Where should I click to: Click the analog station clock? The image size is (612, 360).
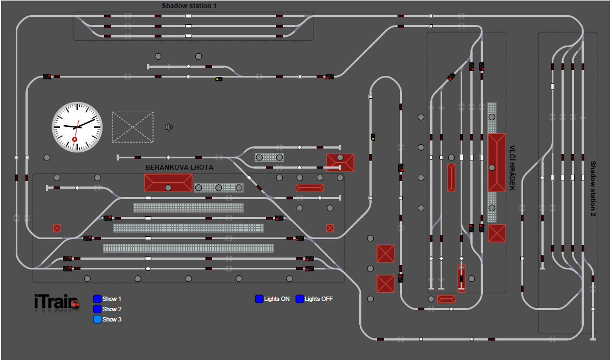point(77,127)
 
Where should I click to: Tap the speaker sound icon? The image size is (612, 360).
point(169,127)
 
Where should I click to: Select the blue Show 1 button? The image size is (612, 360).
point(98,299)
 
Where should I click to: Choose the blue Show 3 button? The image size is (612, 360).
point(98,319)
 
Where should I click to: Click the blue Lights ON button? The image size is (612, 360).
point(259,299)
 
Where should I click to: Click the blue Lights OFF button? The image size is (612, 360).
point(300,299)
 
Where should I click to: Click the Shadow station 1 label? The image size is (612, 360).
point(189,6)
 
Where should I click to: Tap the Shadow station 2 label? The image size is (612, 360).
point(593,188)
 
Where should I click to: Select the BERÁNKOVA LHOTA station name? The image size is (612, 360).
point(179,168)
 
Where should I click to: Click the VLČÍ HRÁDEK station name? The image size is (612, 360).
point(512,168)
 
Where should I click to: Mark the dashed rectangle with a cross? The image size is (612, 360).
point(133,127)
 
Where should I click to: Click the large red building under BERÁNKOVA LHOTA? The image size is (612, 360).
point(168,183)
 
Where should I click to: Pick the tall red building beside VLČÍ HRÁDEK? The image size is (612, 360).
point(496,162)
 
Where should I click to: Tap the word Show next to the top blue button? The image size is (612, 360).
point(109,299)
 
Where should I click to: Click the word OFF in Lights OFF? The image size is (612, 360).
point(327,299)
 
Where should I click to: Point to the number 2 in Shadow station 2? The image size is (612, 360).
point(593,212)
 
